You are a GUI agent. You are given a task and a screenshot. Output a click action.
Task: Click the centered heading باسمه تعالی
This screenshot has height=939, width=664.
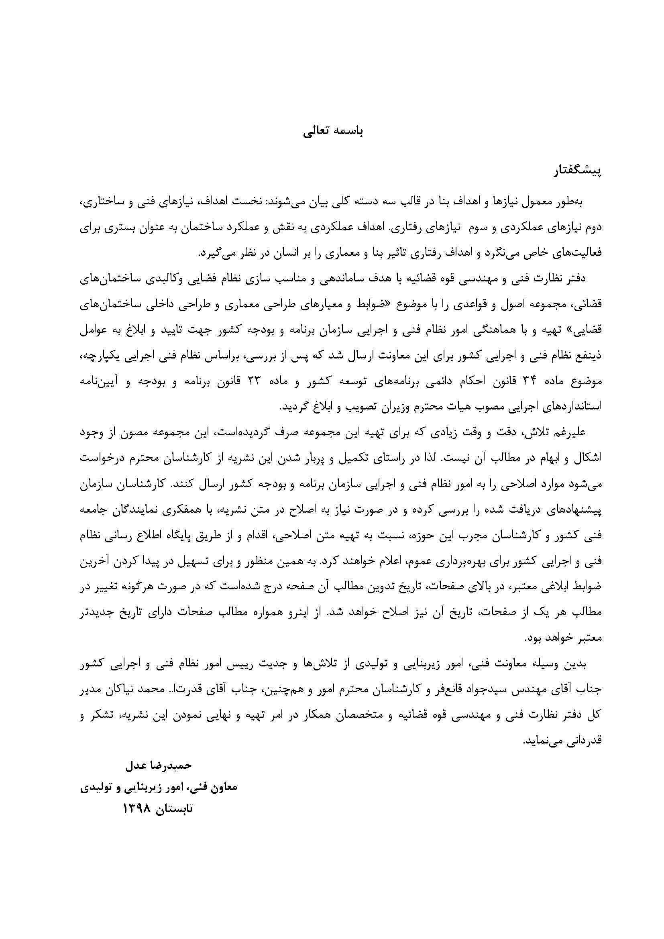[333, 131]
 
